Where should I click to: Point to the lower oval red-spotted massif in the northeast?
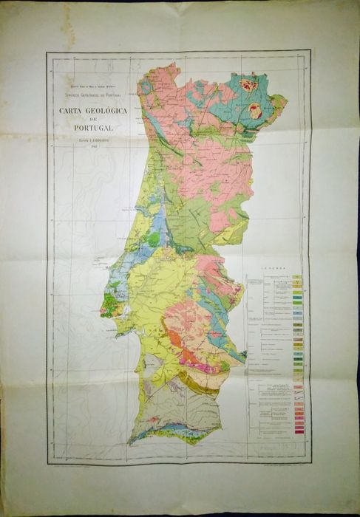point(257,112)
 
